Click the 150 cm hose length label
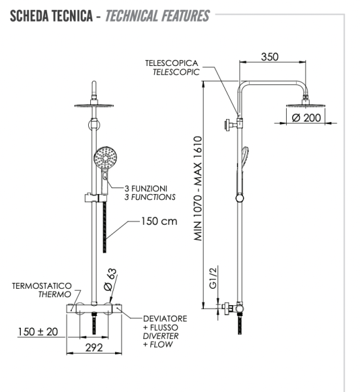click(x=159, y=221)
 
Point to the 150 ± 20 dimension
click(x=37, y=332)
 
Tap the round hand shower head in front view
click(x=104, y=159)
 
